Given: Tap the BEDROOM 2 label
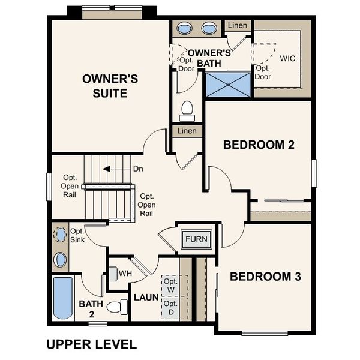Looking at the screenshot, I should [x=258, y=145].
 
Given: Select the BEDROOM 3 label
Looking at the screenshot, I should [x=265, y=277].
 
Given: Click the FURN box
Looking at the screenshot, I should [x=196, y=239].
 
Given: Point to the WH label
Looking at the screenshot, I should [x=125, y=274].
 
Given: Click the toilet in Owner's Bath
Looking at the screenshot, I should [x=187, y=110].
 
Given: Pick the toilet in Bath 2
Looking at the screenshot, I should [x=119, y=307].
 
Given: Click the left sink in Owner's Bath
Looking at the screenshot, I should [x=185, y=28].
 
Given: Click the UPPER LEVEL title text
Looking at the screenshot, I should [x=91, y=344].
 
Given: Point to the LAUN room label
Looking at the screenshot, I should [x=146, y=297].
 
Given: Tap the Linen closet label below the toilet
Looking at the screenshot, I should [x=187, y=131].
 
